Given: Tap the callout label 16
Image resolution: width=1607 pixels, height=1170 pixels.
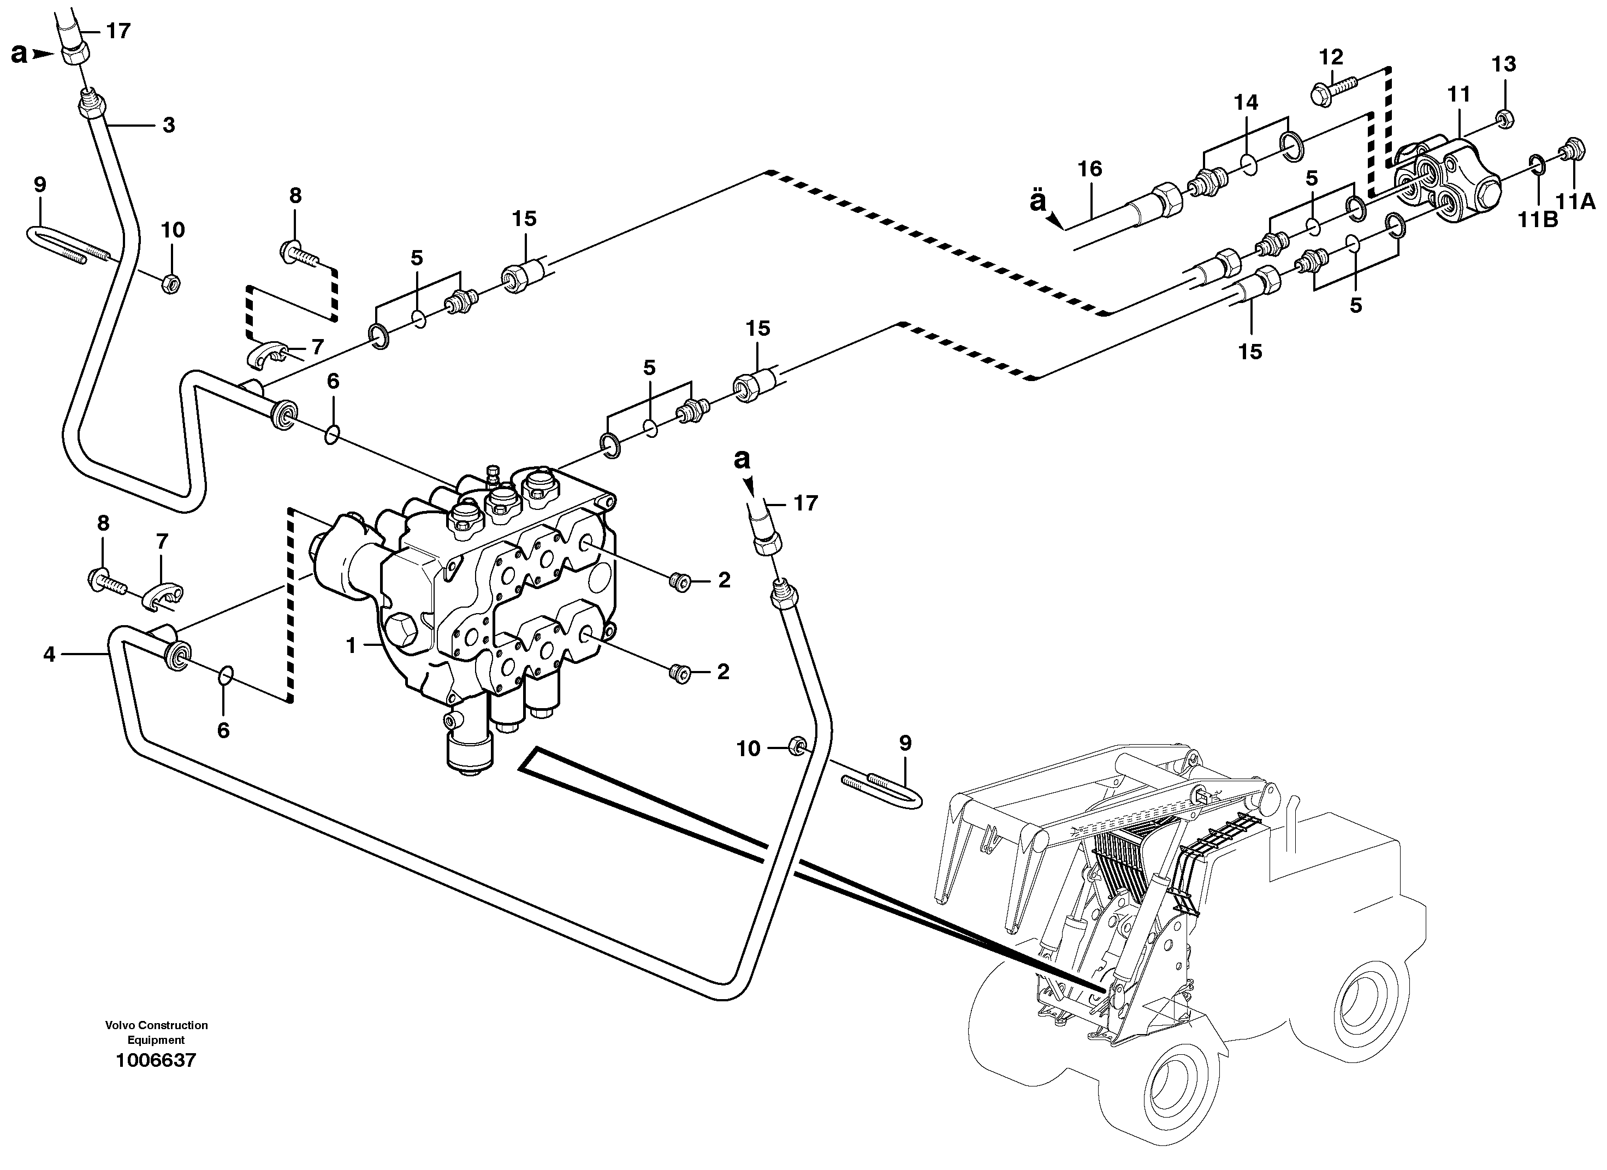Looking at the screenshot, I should pos(1090,169).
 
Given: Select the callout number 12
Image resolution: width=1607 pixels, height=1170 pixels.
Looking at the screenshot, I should pos(1331,57).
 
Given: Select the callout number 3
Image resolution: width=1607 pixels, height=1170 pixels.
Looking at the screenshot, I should pos(168,126).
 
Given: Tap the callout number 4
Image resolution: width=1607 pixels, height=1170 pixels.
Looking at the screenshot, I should pos(49,654).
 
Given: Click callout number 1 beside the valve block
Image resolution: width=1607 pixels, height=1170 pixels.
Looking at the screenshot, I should pos(350,645).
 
